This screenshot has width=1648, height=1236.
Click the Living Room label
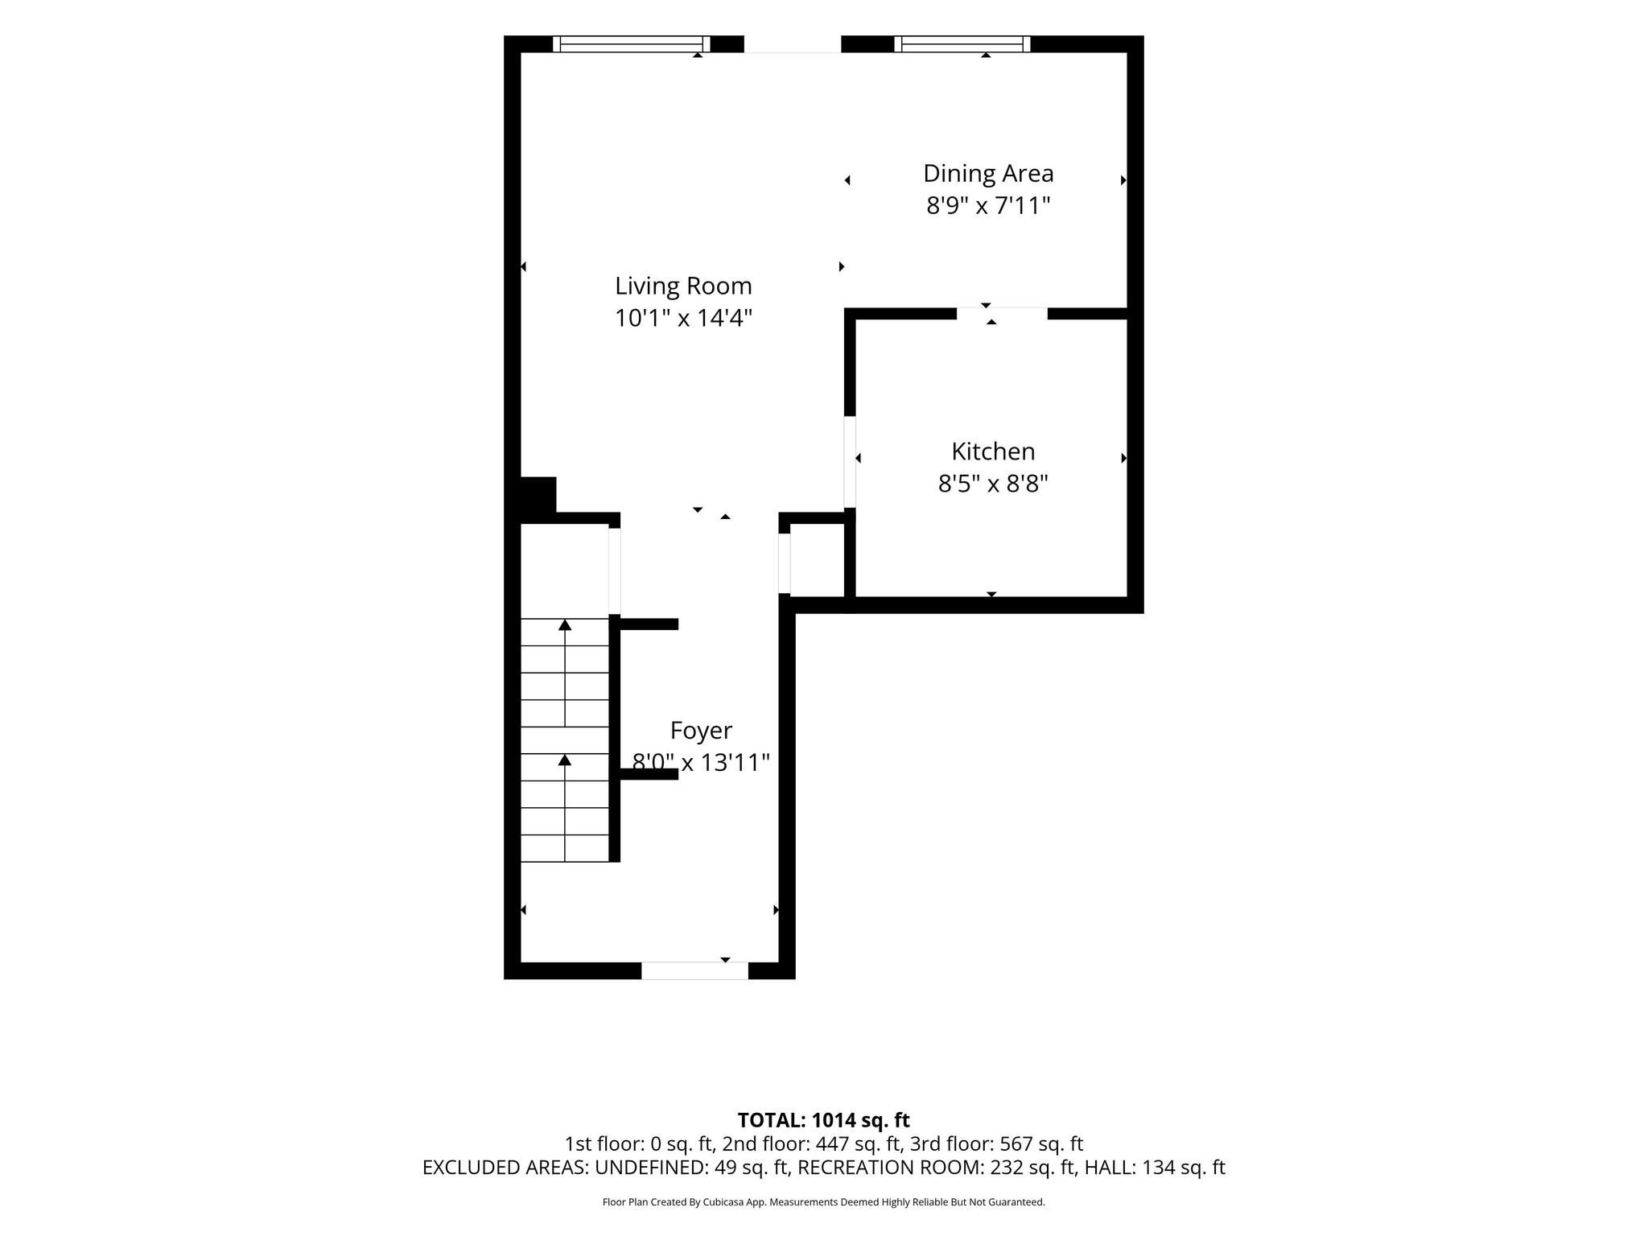point(683,286)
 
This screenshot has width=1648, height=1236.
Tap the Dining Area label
point(988,173)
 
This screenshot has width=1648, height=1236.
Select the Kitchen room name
point(993,451)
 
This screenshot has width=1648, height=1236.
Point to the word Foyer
point(701,731)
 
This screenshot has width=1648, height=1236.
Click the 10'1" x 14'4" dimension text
point(683,319)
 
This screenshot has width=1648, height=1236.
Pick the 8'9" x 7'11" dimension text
point(988,206)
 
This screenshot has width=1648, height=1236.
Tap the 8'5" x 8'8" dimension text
point(993,484)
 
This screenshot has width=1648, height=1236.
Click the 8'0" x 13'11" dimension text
point(701,762)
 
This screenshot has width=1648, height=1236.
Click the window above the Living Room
point(632,44)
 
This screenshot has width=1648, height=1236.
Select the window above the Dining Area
point(962,44)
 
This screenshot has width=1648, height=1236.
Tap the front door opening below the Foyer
point(694,970)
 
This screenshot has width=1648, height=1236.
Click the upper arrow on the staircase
point(565,673)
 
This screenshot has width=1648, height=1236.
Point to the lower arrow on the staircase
point(565,807)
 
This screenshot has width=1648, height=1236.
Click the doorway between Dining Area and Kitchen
point(1002,314)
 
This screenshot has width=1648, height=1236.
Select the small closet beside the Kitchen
point(817,560)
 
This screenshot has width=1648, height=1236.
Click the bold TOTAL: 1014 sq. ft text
point(823,1120)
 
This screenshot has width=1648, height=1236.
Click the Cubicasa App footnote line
point(823,1202)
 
